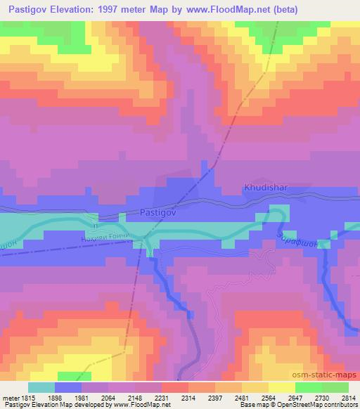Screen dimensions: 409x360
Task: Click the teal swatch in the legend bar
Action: coord(41,387)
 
